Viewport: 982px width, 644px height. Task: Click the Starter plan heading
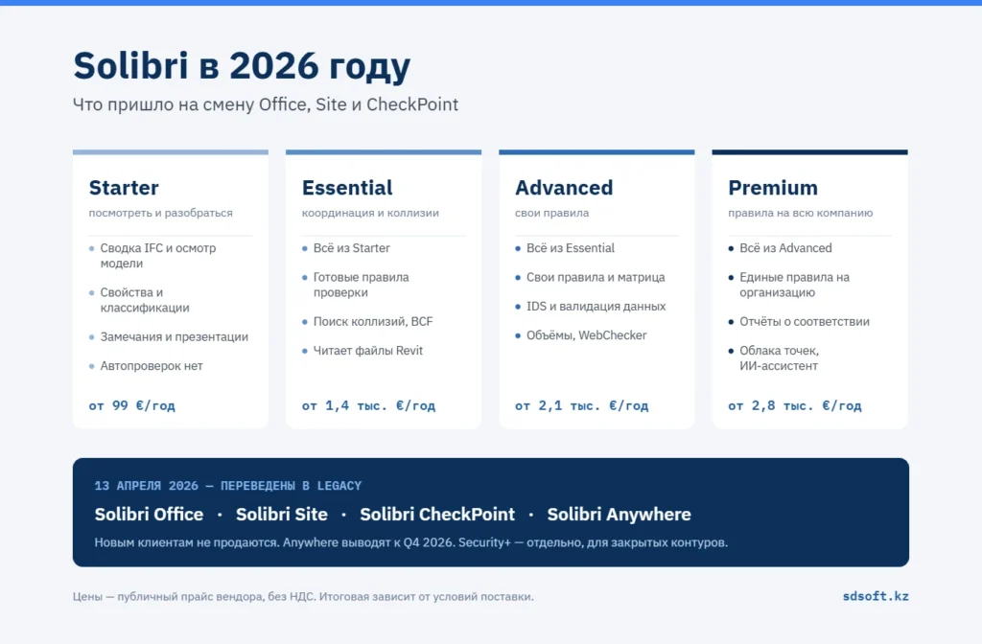[124, 188]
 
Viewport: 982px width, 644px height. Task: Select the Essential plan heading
[347, 188]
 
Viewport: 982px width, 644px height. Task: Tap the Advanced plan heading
[564, 188]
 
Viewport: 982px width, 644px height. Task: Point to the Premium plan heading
[773, 188]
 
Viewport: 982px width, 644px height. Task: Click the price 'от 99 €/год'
[132, 405]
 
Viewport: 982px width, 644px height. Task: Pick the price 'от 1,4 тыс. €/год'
[368, 405]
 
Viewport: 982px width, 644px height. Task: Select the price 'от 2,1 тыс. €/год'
[582, 405]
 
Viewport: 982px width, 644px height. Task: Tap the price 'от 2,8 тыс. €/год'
[795, 405]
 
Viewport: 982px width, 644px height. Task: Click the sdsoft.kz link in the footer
[876, 596]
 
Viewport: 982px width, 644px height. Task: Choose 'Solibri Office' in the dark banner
[149, 515]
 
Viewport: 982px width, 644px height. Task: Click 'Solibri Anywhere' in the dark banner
[619, 515]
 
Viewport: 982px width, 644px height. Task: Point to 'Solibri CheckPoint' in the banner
[437, 515]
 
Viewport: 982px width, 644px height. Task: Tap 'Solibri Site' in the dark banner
[282, 515]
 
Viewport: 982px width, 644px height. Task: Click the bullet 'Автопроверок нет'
[152, 365]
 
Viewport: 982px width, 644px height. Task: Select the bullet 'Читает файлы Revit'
[368, 351]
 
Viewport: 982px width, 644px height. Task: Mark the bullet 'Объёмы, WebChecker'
[586, 335]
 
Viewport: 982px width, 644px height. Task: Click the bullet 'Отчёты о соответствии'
[805, 322]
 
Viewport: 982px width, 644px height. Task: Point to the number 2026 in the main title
[273, 66]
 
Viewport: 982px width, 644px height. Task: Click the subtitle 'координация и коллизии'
[370, 213]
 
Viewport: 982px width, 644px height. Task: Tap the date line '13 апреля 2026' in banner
[146, 486]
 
